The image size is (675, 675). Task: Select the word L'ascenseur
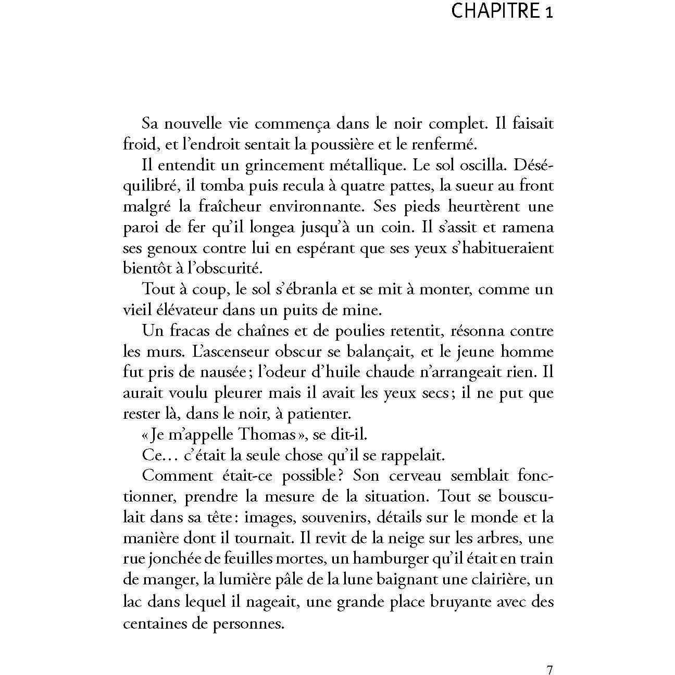click(229, 352)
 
